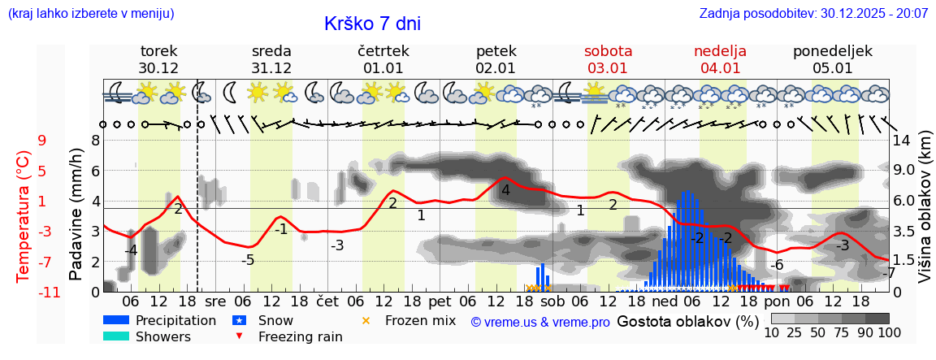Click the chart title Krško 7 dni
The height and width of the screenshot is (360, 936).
tap(372, 24)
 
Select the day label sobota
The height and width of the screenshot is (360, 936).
tap(608, 51)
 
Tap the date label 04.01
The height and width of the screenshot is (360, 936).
tap(720, 68)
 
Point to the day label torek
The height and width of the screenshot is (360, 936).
tap(158, 51)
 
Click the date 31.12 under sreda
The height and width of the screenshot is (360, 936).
tap(271, 68)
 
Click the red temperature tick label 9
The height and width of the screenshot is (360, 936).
tap(41, 141)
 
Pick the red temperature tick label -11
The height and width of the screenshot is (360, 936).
tap(37, 292)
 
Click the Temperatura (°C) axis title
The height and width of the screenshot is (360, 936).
tap(23, 216)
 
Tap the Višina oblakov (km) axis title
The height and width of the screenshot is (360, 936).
tap(925, 216)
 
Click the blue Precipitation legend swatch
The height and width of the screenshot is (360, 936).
tap(116, 320)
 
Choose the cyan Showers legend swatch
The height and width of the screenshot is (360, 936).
tap(116, 336)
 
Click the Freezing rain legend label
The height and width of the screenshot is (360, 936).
tap(301, 336)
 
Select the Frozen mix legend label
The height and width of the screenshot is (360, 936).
tap(420, 320)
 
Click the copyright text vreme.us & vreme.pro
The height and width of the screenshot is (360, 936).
tap(540, 322)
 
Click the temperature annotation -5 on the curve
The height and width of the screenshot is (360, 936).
tap(249, 260)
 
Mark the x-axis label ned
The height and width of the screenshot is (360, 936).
tap(664, 301)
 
